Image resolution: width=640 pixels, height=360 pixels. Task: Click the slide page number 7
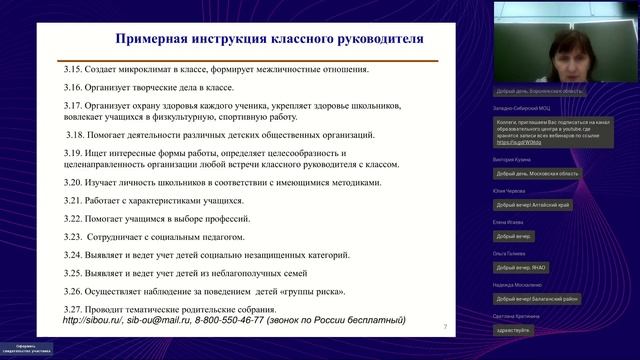444,327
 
